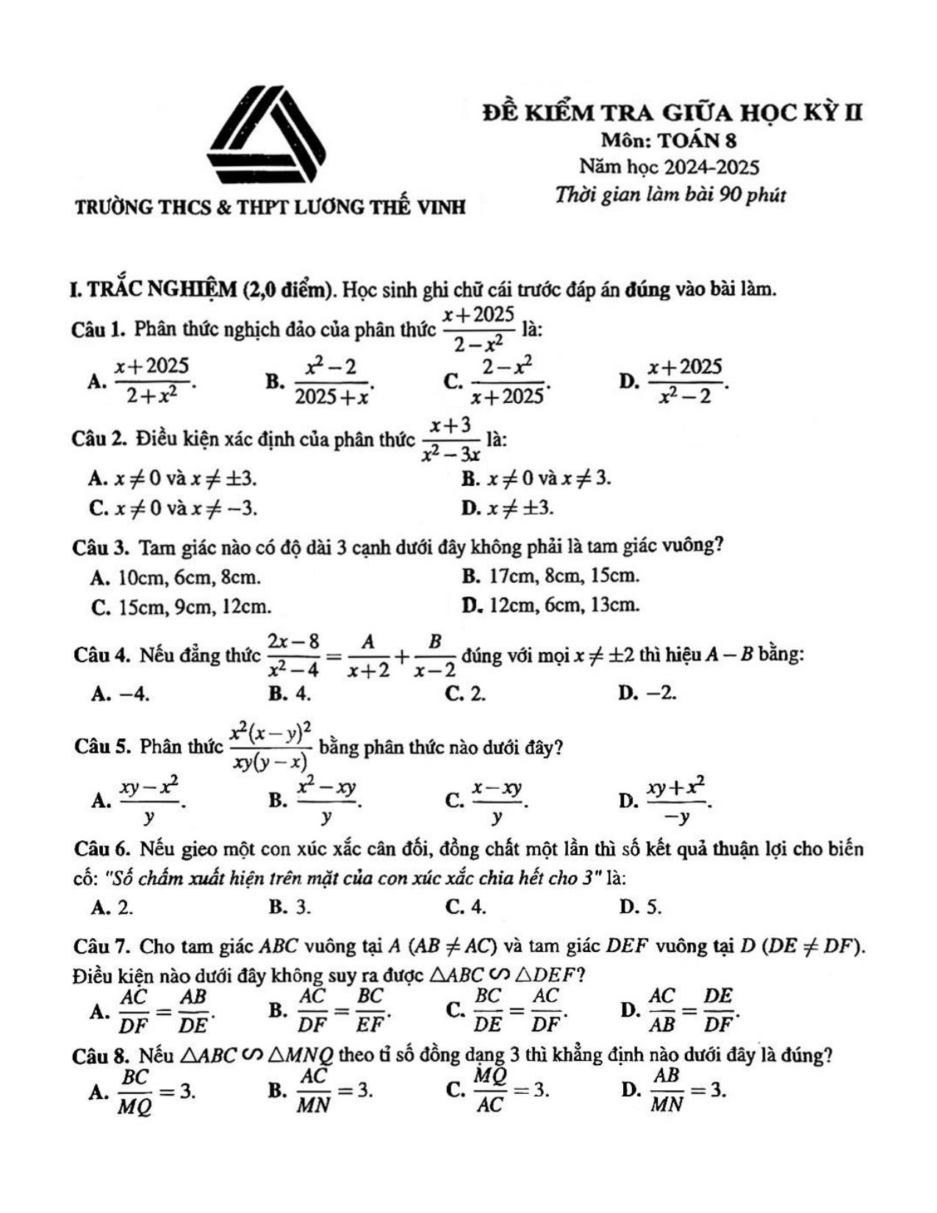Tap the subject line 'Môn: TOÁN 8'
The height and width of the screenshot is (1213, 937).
[668, 140]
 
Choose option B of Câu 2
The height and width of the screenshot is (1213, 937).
[536, 479]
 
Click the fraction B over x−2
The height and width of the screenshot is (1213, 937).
[435, 655]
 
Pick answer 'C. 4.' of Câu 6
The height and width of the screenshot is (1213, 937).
[466, 907]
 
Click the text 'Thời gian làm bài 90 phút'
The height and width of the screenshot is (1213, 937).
[670, 196]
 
